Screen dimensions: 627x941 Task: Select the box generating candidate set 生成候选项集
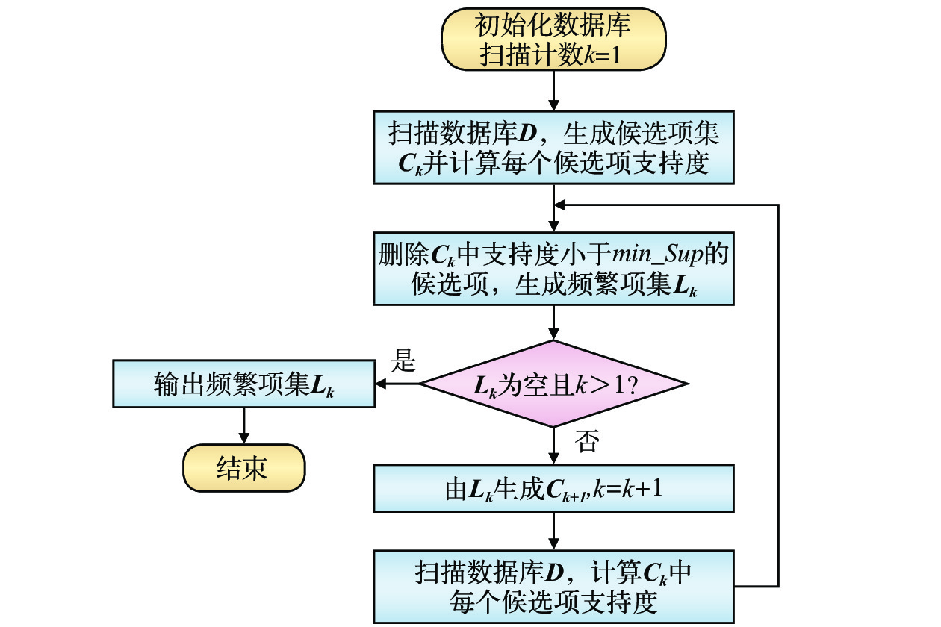[553, 147]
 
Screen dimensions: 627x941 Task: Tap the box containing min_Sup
[553, 268]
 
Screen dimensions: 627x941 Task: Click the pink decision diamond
[553, 384]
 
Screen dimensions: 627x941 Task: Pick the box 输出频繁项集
[243, 384]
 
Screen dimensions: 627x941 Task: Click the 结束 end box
[243, 469]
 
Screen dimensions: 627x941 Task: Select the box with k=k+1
[553, 490]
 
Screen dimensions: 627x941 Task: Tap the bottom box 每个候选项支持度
[553, 587]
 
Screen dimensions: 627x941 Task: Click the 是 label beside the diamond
[403, 364]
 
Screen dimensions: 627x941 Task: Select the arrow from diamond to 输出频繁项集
[398, 384]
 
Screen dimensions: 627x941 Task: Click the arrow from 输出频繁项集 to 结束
[243, 426]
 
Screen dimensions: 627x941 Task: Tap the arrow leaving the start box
[553, 92]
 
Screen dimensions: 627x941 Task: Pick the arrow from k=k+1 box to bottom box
[553, 531]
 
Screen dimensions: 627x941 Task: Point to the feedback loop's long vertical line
[779, 396]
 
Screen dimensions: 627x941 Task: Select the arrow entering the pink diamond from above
[553, 322]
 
